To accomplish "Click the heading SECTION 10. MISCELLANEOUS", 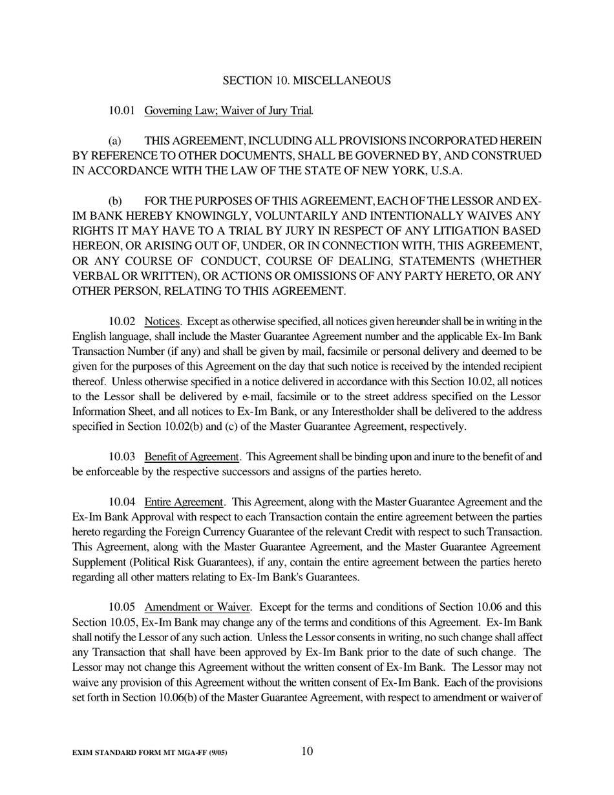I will coord(306,81).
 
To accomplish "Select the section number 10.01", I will coord(122,111).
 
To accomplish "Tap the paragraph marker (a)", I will coord(115,141).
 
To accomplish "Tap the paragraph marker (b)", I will coord(115,201).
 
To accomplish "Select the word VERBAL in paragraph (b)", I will coord(93,276).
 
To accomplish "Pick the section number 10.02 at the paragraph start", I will coord(122,321).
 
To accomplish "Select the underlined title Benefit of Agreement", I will coord(192,457).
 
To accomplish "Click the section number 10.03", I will coord(122,457).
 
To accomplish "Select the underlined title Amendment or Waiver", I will coord(197,608).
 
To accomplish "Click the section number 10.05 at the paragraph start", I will coord(122,608).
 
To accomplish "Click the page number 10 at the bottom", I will coord(307,751).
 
